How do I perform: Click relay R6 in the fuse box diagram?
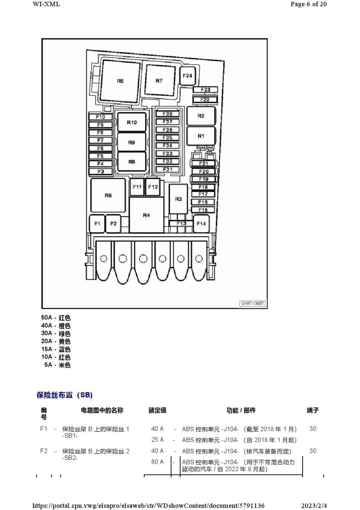[x=120, y=81]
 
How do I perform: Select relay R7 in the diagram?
[x=159, y=81]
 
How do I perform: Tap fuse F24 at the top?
[x=187, y=76]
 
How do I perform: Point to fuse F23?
[x=205, y=90]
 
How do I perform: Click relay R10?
[x=132, y=122]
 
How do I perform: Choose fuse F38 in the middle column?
[x=168, y=114]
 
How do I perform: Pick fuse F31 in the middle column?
[x=168, y=169]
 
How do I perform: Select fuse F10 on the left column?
[x=100, y=117]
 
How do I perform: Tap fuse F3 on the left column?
[x=100, y=172]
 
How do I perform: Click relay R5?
[x=108, y=195]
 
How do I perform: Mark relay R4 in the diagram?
[x=147, y=215]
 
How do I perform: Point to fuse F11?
[x=137, y=187]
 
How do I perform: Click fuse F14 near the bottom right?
[x=202, y=224]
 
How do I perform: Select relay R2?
[x=201, y=116]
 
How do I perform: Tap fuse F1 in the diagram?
[x=97, y=224]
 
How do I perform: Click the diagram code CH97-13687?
[x=252, y=304]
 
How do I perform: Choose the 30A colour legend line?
[x=56, y=333]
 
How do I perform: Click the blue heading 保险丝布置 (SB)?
[x=65, y=395]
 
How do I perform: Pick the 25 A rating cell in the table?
[x=157, y=440]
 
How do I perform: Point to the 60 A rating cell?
[x=157, y=462]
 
